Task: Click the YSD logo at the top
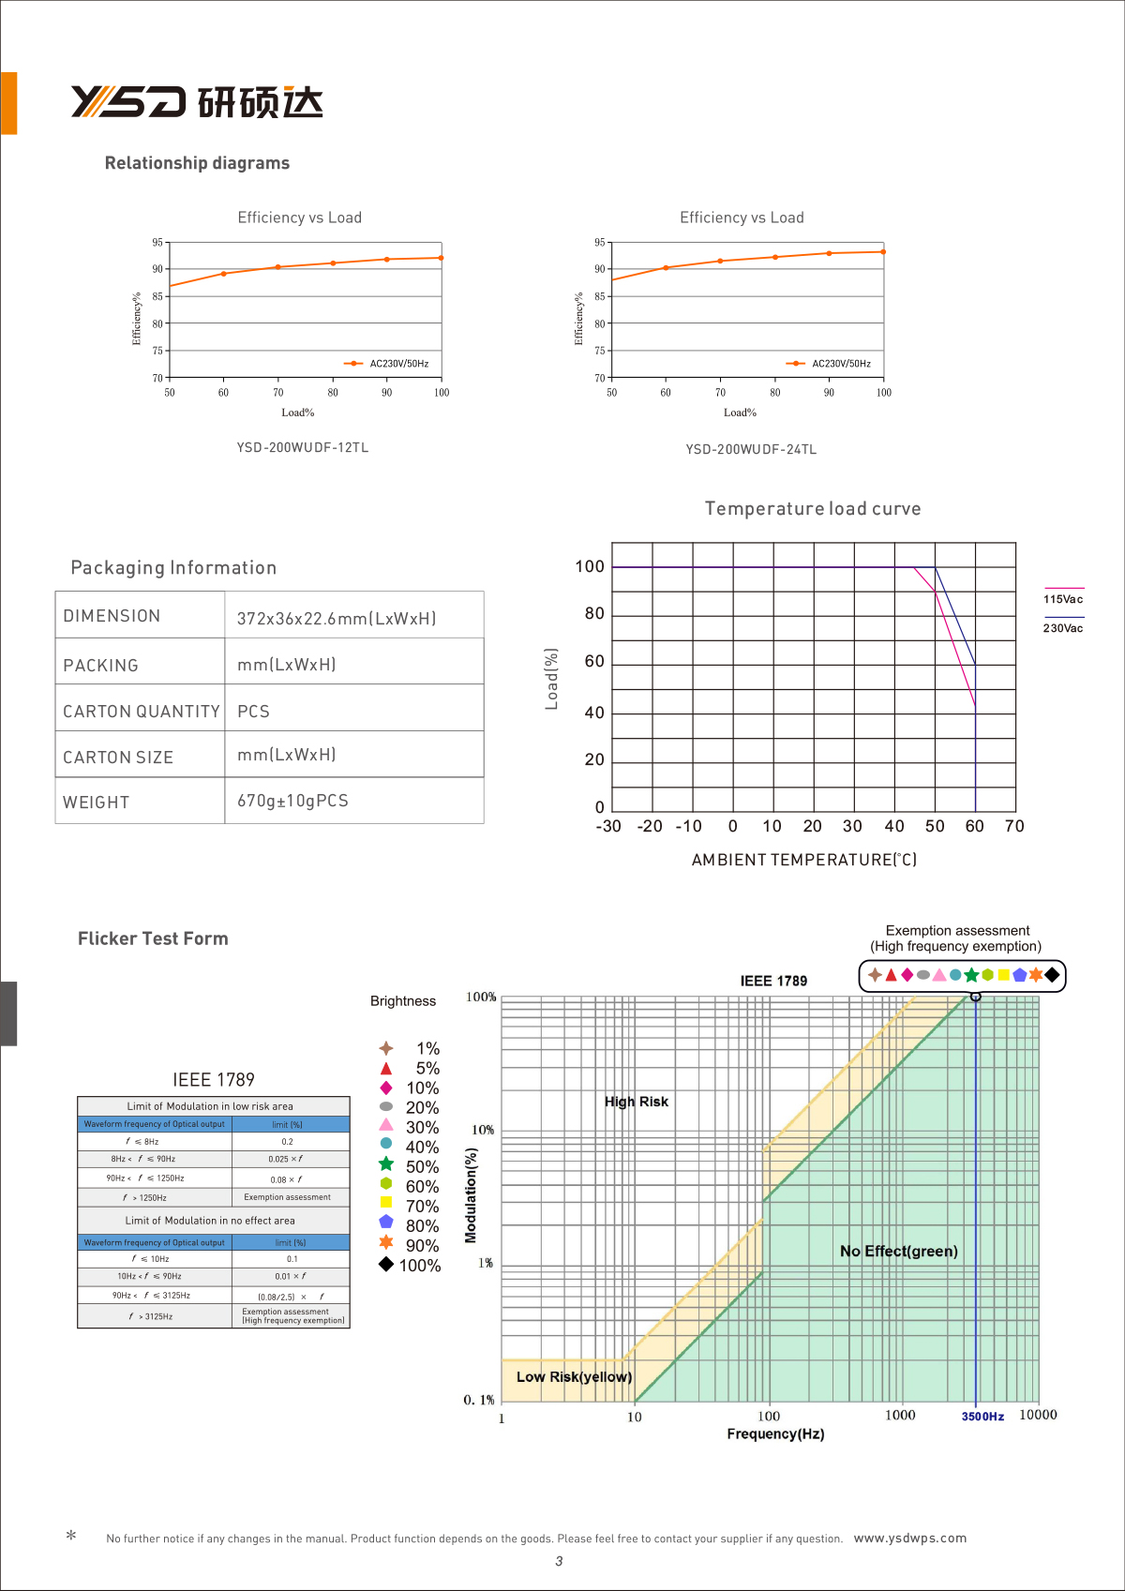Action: (x=197, y=102)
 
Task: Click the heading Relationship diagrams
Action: (x=197, y=163)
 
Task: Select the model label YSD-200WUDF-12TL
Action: (x=303, y=448)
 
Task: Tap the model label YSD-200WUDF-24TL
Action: (x=751, y=450)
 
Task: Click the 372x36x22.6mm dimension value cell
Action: (x=337, y=619)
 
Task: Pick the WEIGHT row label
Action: (x=97, y=803)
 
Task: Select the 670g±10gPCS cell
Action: (x=292, y=801)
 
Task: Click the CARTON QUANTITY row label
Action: (x=141, y=712)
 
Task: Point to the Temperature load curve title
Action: (x=813, y=509)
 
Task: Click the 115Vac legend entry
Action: (x=1063, y=599)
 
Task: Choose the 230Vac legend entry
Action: (x=1063, y=628)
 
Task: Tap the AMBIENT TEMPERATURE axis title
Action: (x=804, y=860)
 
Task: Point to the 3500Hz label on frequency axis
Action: (x=982, y=1417)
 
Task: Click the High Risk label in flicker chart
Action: (x=637, y=1102)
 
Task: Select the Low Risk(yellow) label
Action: (x=574, y=1377)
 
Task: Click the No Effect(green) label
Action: (x=899, y=1252)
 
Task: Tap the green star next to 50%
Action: (x=386, y=1163)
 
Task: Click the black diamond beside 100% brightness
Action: (x=386, y=1265)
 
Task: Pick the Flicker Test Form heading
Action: (x=153, y=939)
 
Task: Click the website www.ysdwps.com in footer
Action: (x=909, y=1538)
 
